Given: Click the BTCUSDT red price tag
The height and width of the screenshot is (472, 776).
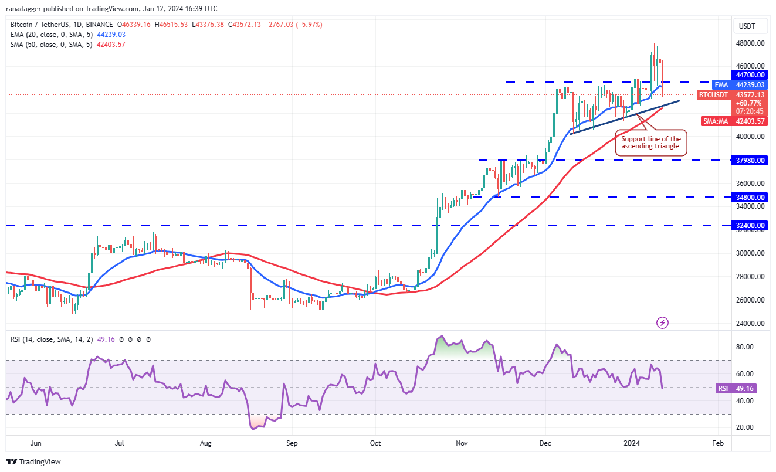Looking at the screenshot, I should click(x=713, y=94).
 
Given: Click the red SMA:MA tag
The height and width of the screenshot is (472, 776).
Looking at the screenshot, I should click(x=716, y=121).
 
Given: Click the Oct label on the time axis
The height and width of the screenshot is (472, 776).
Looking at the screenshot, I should click(x=375, y=443).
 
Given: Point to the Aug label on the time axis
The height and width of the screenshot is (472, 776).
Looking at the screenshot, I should click(x=206, y=443).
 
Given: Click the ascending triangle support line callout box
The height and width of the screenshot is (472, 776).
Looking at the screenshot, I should click(x=651, y=142).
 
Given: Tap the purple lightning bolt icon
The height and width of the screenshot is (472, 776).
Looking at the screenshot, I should click(x=662, y=322).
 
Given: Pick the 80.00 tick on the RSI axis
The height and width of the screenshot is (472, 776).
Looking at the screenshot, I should click(x=745, y=347).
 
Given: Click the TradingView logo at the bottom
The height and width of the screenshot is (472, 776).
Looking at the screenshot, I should click(x=33, y=461).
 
